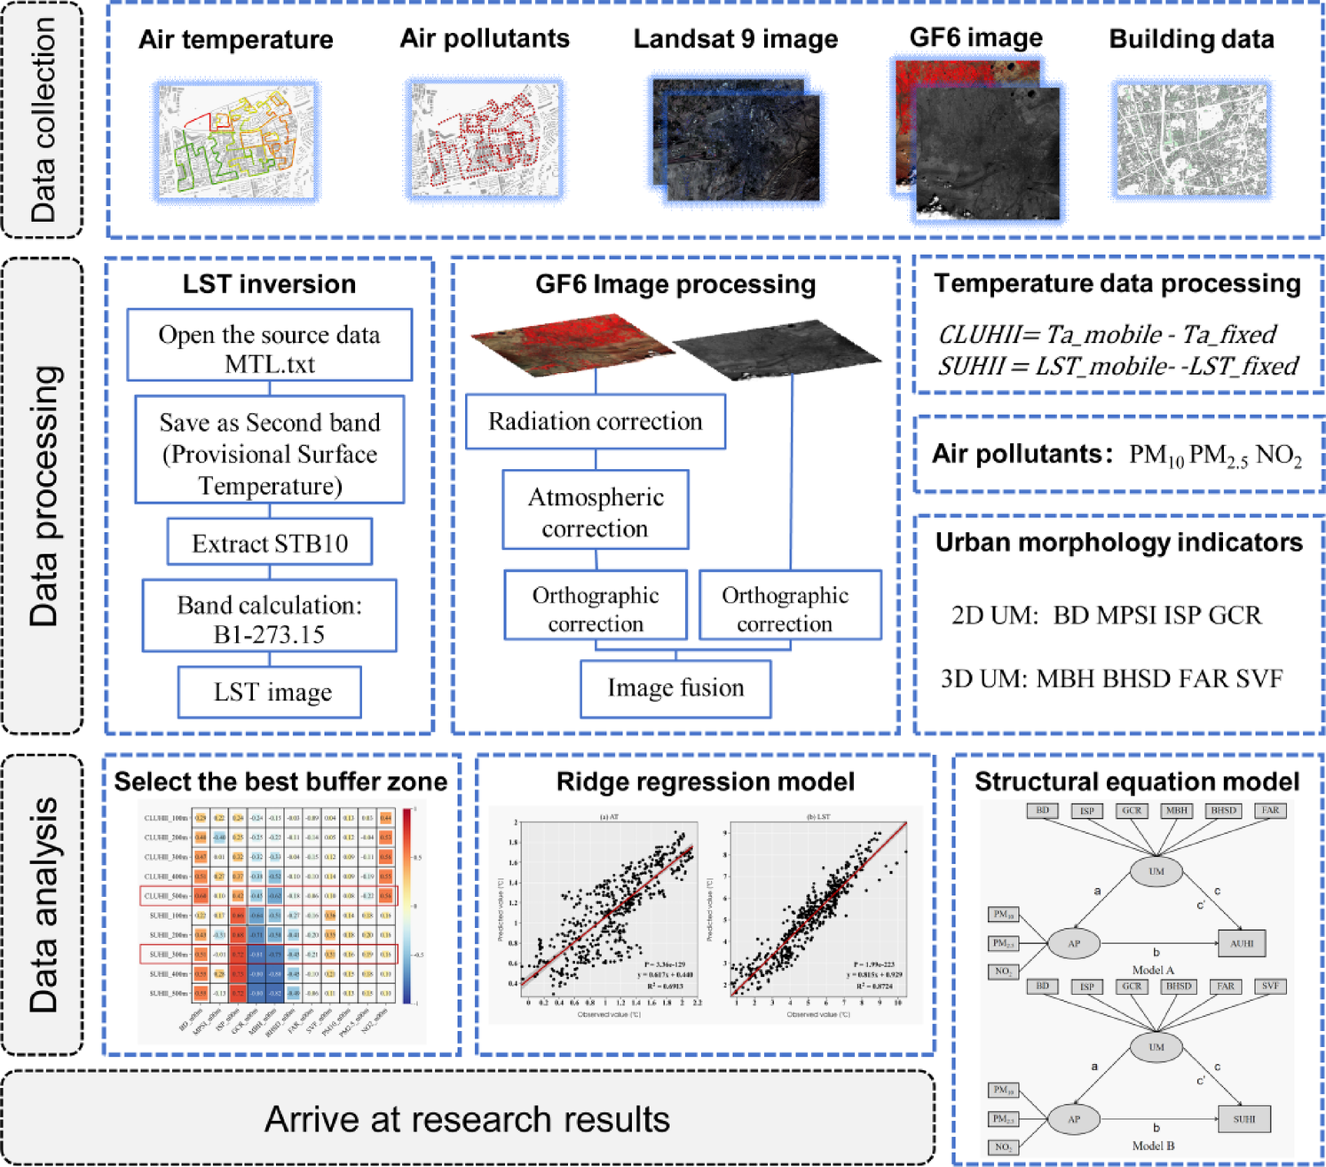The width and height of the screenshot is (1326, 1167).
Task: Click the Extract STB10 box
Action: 270,543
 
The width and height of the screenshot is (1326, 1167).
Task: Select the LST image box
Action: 270,692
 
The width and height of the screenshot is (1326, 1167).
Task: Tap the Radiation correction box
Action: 595,421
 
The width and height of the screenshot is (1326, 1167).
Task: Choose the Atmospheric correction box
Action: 595,512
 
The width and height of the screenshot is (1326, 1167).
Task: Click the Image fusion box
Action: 675,688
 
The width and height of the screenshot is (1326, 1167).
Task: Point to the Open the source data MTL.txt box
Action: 270,347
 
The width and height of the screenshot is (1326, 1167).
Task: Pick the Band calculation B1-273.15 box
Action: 270,618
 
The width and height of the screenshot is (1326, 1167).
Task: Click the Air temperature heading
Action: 235,39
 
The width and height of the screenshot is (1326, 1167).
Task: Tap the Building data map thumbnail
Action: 1192,140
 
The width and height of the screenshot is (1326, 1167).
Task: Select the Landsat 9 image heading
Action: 735,39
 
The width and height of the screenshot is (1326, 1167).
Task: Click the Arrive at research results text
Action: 467,1119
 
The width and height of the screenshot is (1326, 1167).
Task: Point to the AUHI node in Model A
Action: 1242,943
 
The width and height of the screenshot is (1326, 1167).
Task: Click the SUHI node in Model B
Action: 1243,1119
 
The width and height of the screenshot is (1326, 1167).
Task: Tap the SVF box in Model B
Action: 1270,987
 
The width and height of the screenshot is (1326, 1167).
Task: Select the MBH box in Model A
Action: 1177,810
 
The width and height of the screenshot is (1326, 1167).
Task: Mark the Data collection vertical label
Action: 43,119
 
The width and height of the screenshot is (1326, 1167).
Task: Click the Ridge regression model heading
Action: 706,782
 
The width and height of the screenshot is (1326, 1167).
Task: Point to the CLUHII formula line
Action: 1107,335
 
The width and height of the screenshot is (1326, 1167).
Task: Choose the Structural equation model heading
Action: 1136,782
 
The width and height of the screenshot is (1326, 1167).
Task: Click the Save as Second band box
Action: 270,453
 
